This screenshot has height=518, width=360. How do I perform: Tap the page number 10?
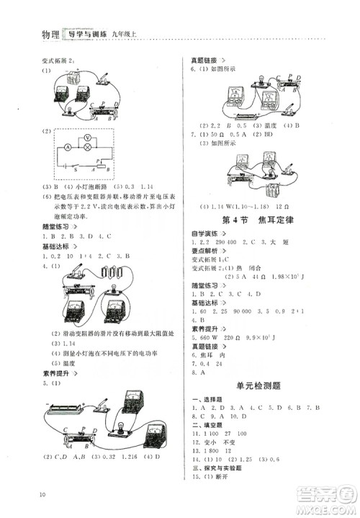pos(44,494)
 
